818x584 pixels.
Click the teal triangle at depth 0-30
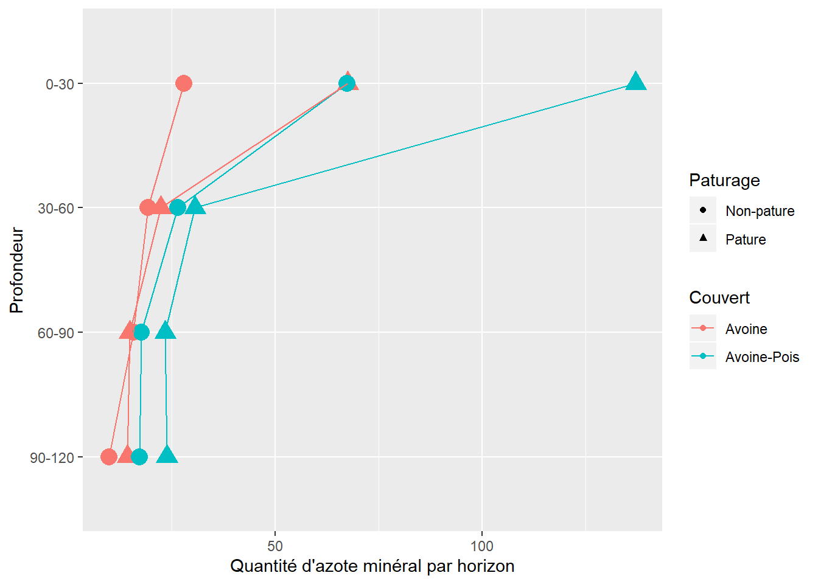click(635, 82)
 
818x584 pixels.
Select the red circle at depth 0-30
click(184, 83)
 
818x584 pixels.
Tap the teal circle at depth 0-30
click(347, 83)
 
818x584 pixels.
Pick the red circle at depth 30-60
click(147, 207)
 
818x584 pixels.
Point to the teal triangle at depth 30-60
click(195, 206)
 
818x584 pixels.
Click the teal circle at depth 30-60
click(178, 207)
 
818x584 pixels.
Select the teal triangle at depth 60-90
click(166, 331)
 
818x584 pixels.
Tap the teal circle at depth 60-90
click(141, 332)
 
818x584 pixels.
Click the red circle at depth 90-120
click(109, 457)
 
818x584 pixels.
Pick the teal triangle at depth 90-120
click(167, 455)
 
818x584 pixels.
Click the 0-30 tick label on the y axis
click(60, 85)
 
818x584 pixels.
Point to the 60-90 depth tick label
click(56, 333)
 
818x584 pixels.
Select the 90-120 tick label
click(52, 458)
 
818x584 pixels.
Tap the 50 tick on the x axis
click(275, 546)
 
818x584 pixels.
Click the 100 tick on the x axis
click(482, 546)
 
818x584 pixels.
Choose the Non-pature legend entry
click(760, 211)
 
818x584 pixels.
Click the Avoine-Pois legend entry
click(762, 357)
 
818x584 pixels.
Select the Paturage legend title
click(724, 181)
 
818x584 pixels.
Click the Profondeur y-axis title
click(17, 270)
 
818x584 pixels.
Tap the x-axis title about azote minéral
click(372, 566)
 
